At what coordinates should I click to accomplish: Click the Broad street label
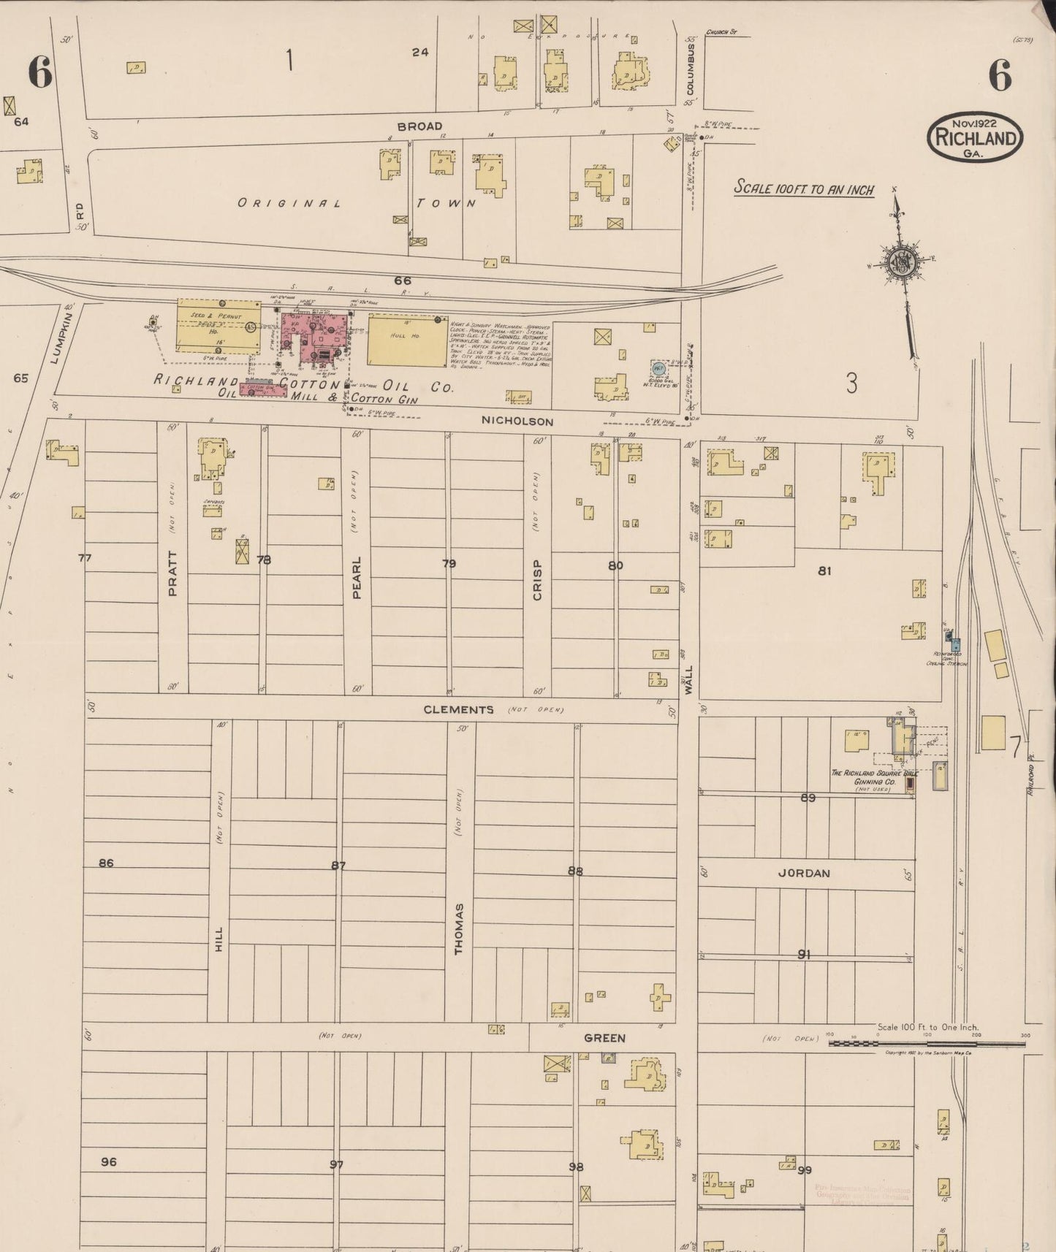point(419,126)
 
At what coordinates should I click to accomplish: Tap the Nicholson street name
point(517,421)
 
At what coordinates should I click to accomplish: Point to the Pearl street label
point(357,577)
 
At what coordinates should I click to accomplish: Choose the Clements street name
point(458,709)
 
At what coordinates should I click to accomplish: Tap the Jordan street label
point(804,873)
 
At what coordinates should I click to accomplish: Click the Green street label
point(604,1037)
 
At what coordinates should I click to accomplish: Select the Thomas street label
point(459,928)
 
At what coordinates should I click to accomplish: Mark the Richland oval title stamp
point(975,137)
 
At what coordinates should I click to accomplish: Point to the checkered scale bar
point(926,1044)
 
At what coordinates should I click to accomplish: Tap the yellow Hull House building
point(407,340)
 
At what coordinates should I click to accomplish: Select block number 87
point(338,866)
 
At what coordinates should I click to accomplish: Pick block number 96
point(108,1161)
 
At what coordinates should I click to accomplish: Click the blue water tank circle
point(658,368)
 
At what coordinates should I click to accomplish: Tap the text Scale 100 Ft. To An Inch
point(804,188)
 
